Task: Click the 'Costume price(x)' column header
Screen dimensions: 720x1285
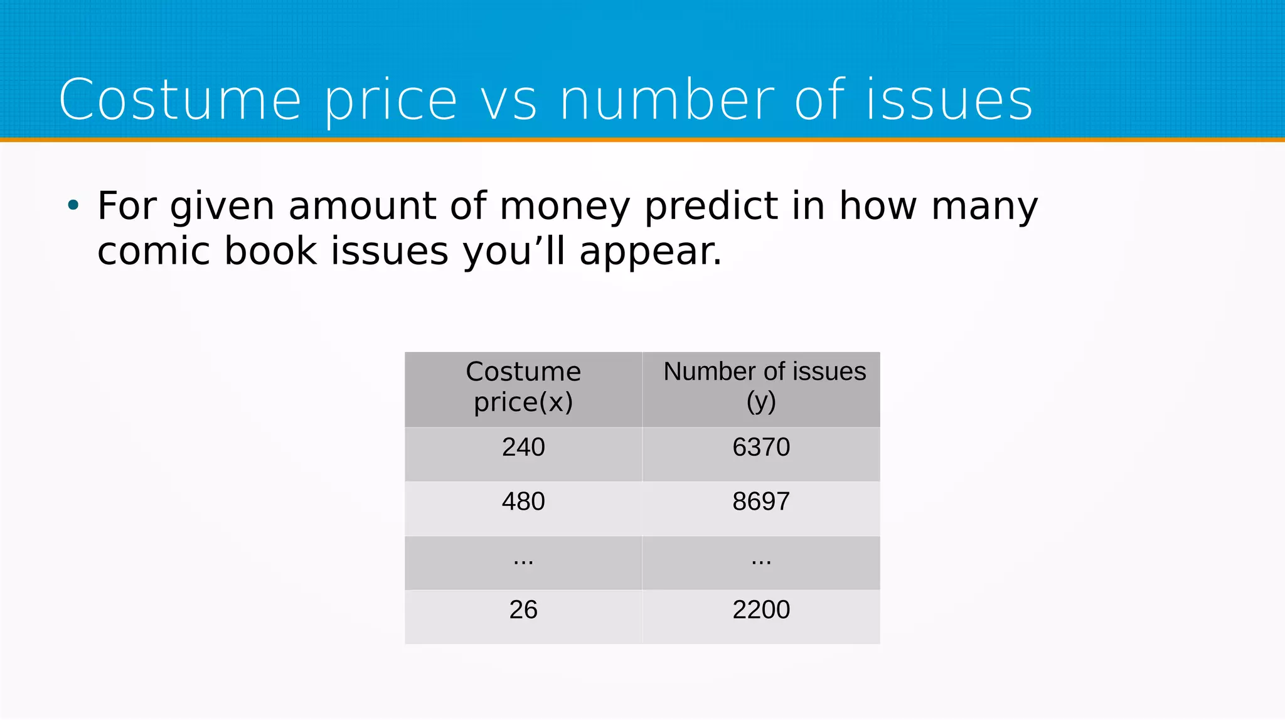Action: coord(523,387)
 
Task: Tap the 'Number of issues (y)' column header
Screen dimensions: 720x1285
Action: coord(761,387)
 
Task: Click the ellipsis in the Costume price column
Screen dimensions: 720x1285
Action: coord(523,560)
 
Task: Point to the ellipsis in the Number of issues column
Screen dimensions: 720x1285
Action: coord(761,560)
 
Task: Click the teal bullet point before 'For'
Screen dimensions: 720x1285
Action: coord(73,205)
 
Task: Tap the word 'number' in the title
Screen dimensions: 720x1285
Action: coord(666,100)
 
